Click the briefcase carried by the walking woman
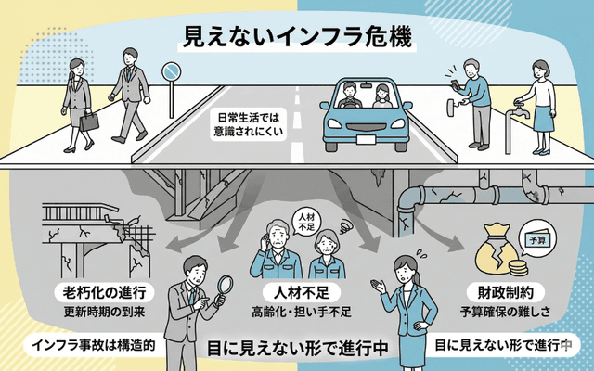90,121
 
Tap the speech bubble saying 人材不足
305,221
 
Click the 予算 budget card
536,237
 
